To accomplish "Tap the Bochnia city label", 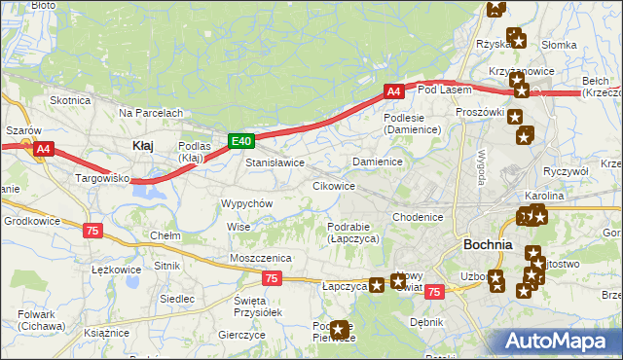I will coord(489,245).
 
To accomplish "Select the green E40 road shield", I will coord(242,141).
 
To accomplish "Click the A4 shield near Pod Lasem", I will coord(393,91).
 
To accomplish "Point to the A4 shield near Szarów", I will coord(43,149).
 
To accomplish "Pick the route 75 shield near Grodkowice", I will coord(92,230).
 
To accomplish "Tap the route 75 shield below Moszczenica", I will coord(272,278).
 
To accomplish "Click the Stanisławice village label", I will coord(275,162).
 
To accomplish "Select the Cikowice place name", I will coord(333,185).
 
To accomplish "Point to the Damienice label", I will coord(378,161).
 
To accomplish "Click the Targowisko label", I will coord(103,180).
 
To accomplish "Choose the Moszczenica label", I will coord(261,257).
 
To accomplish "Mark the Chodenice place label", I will coord(419,217).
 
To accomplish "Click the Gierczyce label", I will coord(242,334).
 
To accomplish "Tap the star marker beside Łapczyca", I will coord(377,286).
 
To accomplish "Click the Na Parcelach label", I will coord(151,113).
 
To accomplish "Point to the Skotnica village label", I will coord(70,100).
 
